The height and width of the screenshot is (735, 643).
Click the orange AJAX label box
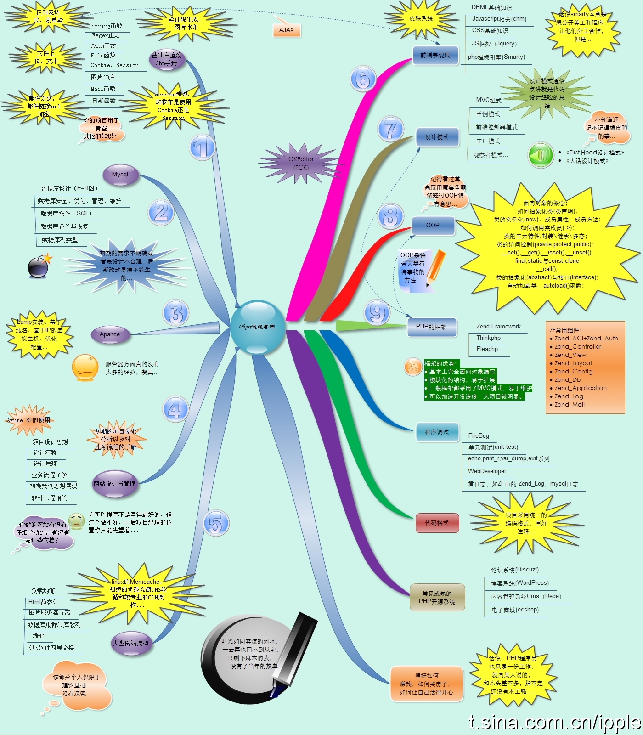tap(287, 30)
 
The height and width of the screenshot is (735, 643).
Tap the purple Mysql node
tap(120, 175)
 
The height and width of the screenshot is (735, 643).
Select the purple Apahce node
tap(110, 334)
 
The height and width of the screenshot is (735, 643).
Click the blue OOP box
tap(433, 226)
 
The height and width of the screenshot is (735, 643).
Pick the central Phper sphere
tap(257, 327)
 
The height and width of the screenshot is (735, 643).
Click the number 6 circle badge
tap(363, 79)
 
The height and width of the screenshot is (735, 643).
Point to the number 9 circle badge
tap(377, 313)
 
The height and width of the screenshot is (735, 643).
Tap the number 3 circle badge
tap(176, 313)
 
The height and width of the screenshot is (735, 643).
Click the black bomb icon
tap(39, 267)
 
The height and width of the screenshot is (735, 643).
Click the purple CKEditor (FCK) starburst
tap(301, 163)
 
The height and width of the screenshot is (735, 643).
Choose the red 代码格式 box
tap(437, 523)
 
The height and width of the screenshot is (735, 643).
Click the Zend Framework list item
tap(498, 327)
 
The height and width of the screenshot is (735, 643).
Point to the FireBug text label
tap(479, 435)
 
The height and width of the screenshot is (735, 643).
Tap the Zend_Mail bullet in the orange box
tap(570, 405)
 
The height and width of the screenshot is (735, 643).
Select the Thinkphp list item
tap(489, 338)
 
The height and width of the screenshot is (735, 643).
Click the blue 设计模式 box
tap(437, 137)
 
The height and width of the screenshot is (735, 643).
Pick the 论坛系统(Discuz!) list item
tap(515, 570)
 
